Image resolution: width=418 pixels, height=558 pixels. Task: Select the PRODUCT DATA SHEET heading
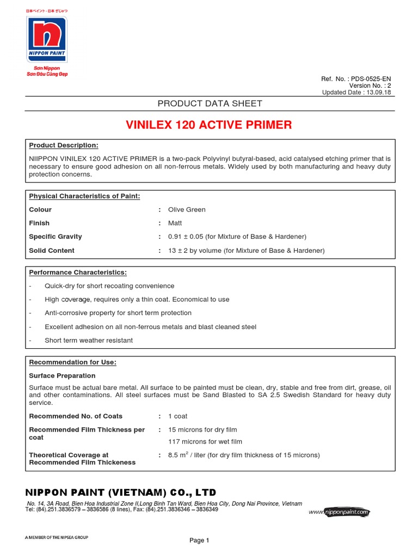coord(210,104)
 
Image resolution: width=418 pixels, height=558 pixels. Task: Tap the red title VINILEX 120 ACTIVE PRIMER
coord(209,125)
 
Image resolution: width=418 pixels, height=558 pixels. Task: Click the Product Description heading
coord(64,145)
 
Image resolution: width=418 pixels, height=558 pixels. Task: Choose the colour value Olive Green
coord(187,210)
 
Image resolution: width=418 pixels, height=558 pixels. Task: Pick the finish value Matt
coord(175,223)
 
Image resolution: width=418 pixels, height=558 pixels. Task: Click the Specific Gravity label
coord(56,237)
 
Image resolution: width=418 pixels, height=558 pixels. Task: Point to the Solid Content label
coord(52,251)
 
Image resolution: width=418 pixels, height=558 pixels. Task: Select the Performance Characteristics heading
coord(78,272)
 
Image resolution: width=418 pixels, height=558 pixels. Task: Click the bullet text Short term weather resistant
coord(89,341)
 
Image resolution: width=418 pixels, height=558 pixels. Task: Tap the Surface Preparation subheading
coord(62,376)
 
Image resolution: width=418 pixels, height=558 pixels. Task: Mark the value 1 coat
coord(178,416)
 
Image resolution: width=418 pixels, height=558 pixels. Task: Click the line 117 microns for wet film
coord(205,442)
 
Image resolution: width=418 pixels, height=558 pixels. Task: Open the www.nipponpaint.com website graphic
coord(340,512)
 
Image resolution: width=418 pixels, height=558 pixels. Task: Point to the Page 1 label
coord(199,541)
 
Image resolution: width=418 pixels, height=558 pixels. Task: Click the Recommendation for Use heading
coord(72,362)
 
